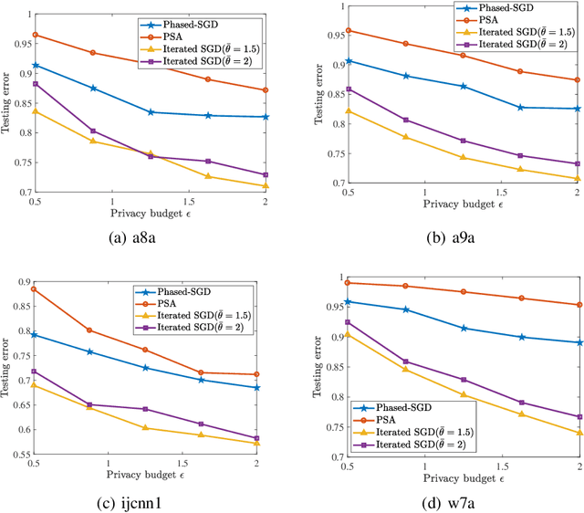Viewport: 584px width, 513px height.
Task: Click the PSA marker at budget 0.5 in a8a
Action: (36, 35)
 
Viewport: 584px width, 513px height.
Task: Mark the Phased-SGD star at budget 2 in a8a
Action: (266, 117)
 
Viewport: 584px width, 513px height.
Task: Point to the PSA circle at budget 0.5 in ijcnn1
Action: (35, 289)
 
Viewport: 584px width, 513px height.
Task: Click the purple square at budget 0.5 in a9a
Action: (349, 89)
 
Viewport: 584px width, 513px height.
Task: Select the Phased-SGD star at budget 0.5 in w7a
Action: (349, 301)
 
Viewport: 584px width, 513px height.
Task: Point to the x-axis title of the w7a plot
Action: (463, 476)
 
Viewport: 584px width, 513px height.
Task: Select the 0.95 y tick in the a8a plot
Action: (19, 42)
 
